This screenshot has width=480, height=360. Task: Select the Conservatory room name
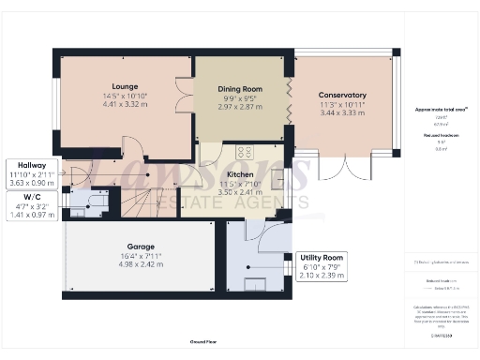[x=341, y=95]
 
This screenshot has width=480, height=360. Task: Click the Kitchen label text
[x=241, y=174]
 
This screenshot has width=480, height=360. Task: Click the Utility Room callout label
[x=321, y=258]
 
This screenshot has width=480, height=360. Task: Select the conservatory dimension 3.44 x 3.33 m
[x=341, y=112]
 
